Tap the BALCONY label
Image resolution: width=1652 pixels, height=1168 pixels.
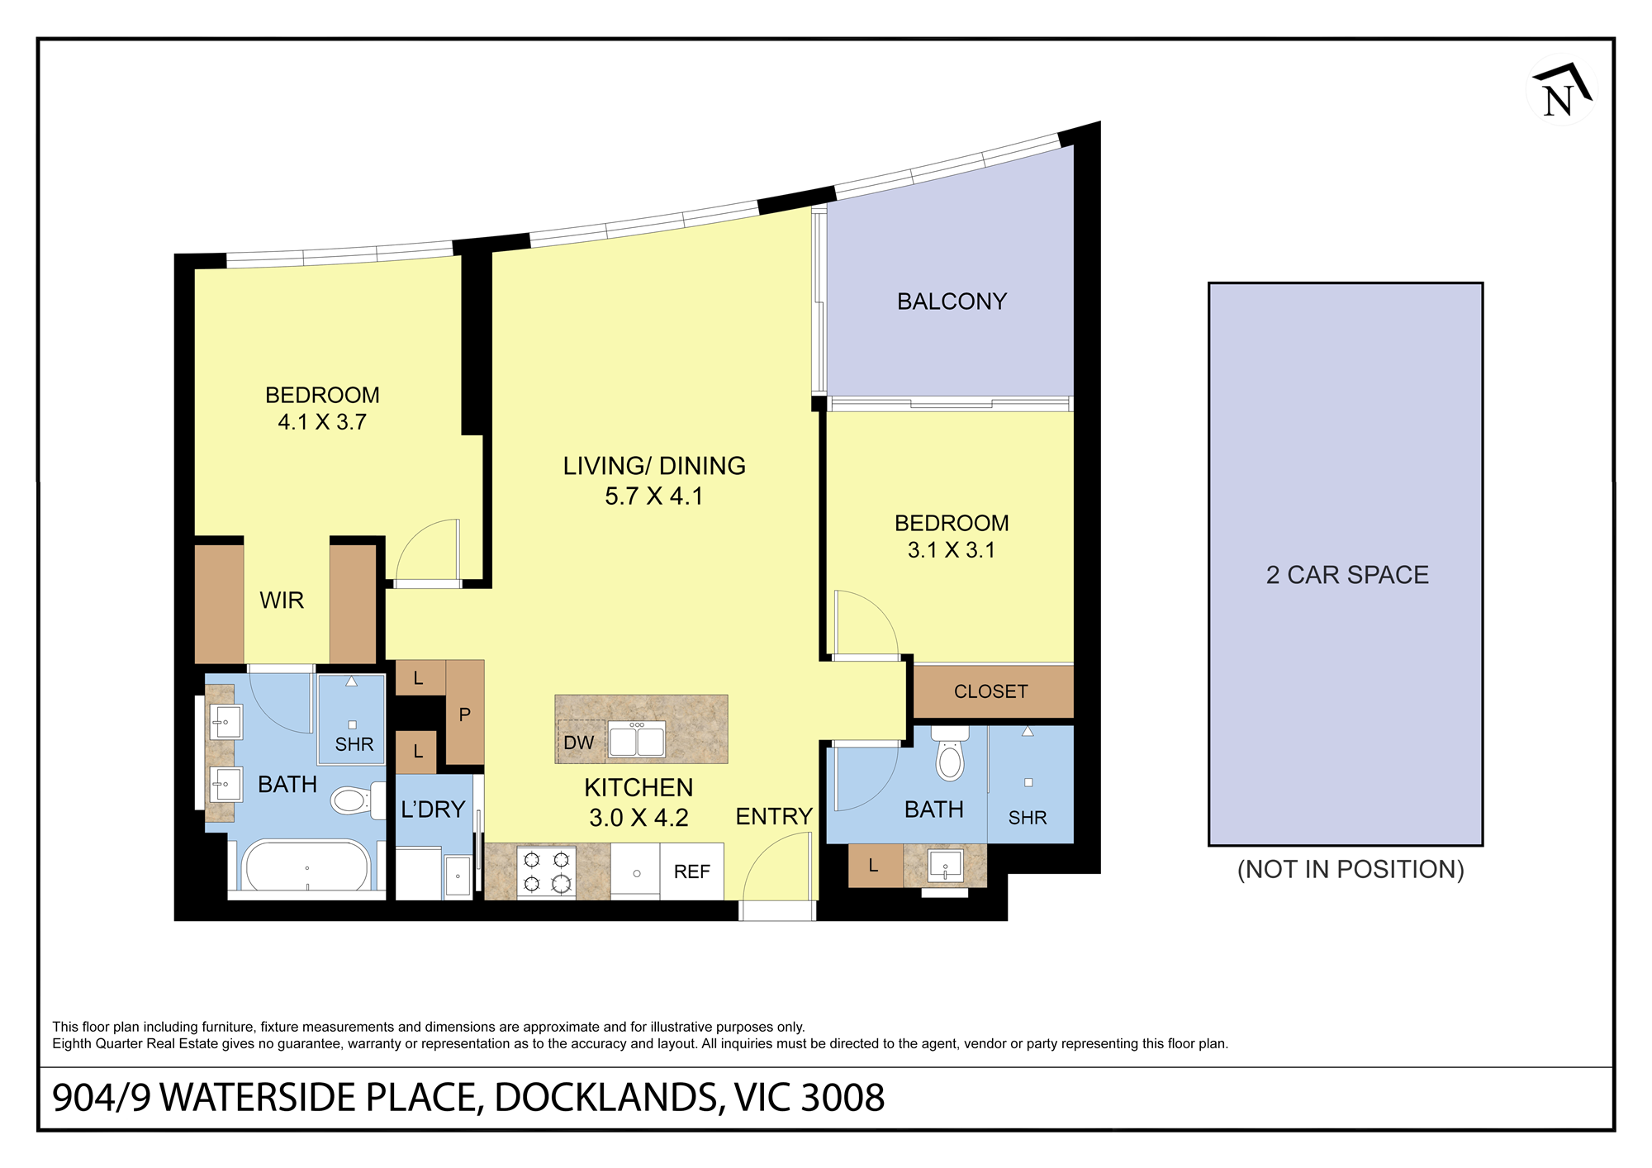point(952,301)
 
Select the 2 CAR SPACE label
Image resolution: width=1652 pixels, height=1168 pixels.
point(1347,575)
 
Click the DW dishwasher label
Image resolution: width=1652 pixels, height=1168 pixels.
point(579,743)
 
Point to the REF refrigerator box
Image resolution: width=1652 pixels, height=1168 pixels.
point(692,871)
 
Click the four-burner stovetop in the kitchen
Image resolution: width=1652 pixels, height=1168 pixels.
point(547,872)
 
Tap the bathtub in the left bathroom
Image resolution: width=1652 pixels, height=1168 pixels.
point(307,865)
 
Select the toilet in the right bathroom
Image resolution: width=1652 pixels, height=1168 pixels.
point(950,753)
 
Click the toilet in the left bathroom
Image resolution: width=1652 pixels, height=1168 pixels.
point(358,800)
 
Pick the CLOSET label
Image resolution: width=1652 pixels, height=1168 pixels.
point(991,691)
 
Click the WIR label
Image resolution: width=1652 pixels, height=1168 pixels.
point(282,601)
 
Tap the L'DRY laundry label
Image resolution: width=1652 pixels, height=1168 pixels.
point(433,810)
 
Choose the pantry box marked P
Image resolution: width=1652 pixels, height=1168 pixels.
point(465,712)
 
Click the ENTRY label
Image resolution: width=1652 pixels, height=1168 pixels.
point(774,817)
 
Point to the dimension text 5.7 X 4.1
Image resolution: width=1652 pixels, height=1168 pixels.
point(654,496)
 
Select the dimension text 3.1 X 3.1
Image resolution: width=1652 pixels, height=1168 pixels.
point(952,550)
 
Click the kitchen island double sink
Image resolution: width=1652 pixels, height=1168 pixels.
point(637,739)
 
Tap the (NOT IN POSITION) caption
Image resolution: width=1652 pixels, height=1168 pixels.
point(1351,869)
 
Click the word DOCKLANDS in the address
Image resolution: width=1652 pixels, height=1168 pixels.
point(605,1098)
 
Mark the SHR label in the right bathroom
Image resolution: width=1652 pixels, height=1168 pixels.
point(1028,818)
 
